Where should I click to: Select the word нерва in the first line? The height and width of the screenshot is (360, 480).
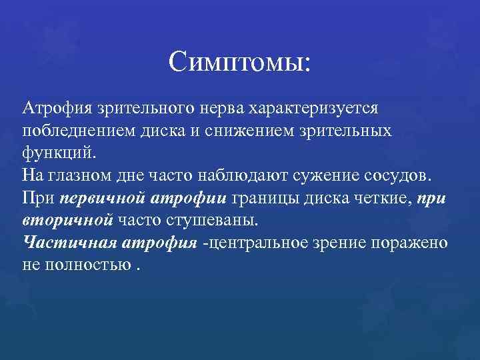coord(221,107)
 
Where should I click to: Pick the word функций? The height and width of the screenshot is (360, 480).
coord(59,151)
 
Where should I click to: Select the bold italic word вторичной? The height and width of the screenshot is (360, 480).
coord(67,220)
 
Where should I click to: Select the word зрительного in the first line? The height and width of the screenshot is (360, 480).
coord(136,107)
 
